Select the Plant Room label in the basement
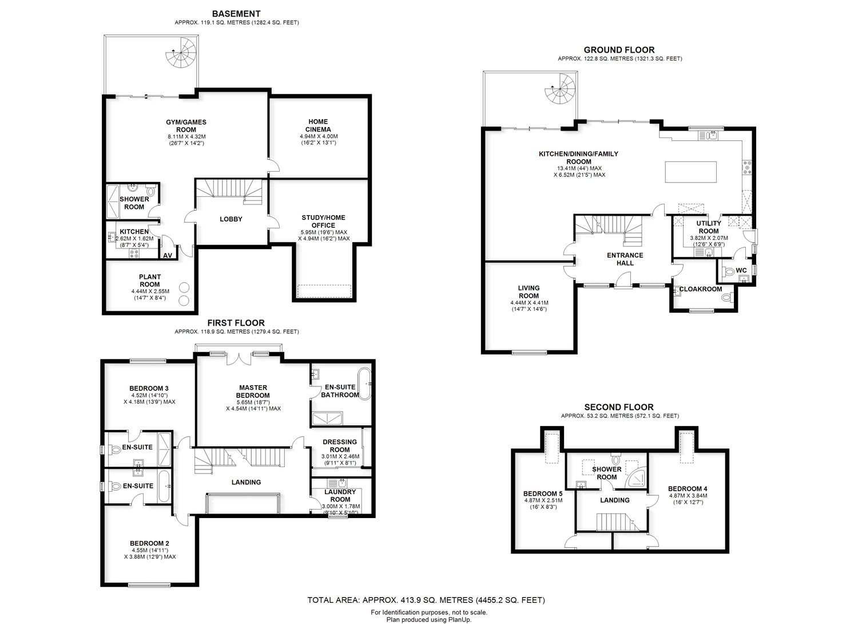tap(150, 281)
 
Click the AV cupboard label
tap(168, 256)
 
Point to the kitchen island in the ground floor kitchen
tap(690, 171)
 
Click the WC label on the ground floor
tap(741, 270)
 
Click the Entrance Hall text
tap(625, 259)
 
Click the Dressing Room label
tap(340, 445)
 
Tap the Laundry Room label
tap(340, 495)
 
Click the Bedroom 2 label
tap(149, 543)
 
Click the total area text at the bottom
tap(426, 601)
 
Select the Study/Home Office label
tap(323, 222)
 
